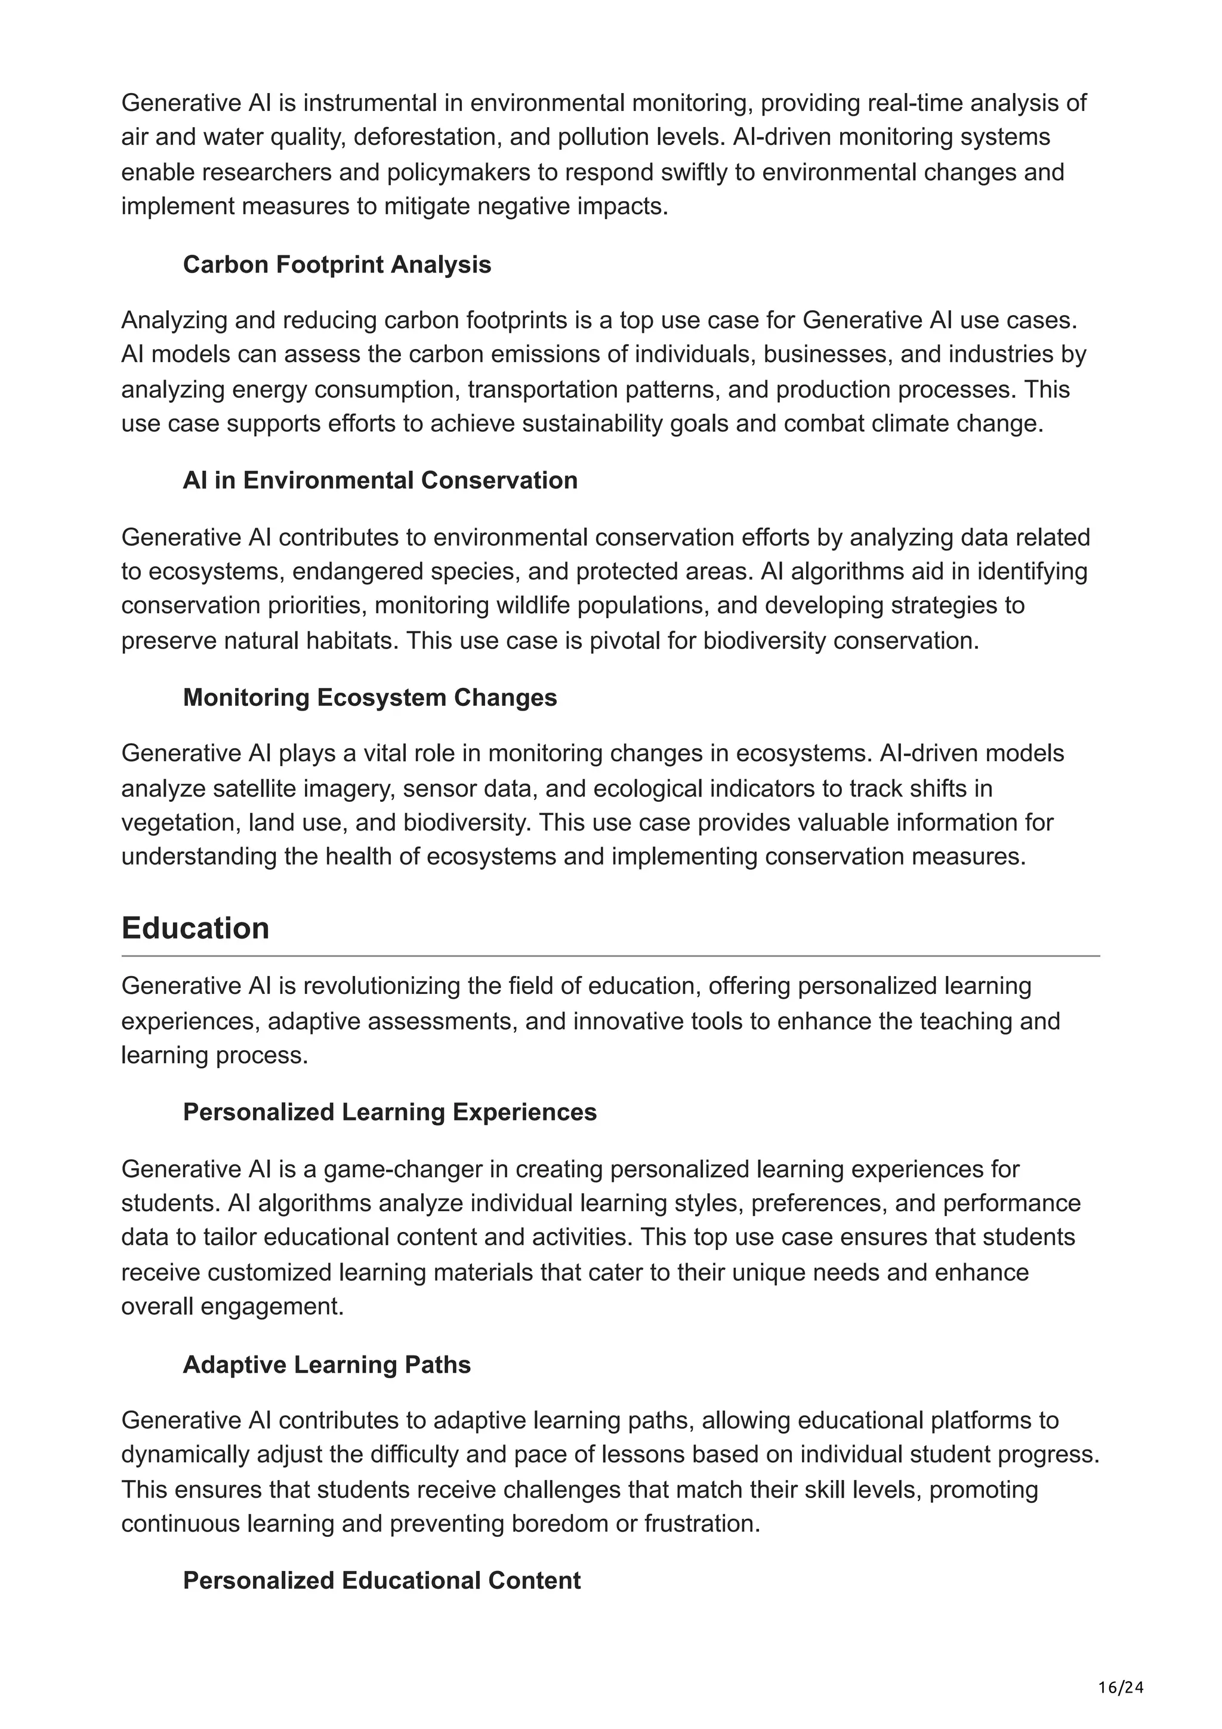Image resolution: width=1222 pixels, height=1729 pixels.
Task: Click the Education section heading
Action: (195, 928)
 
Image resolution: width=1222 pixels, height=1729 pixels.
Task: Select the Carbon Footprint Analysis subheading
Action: (337, 264)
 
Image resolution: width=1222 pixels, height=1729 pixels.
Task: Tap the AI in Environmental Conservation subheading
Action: (379, 480)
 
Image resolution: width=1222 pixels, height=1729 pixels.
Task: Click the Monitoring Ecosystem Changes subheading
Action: (370, 697)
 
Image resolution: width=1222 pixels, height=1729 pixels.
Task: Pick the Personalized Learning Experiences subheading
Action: (389, 1112)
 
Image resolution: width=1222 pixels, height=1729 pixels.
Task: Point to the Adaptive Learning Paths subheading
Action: (327, 1364)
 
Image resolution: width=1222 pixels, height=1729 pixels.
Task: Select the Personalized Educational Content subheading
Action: (382, 1580)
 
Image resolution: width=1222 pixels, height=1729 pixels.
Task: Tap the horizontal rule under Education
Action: (610, 956)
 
